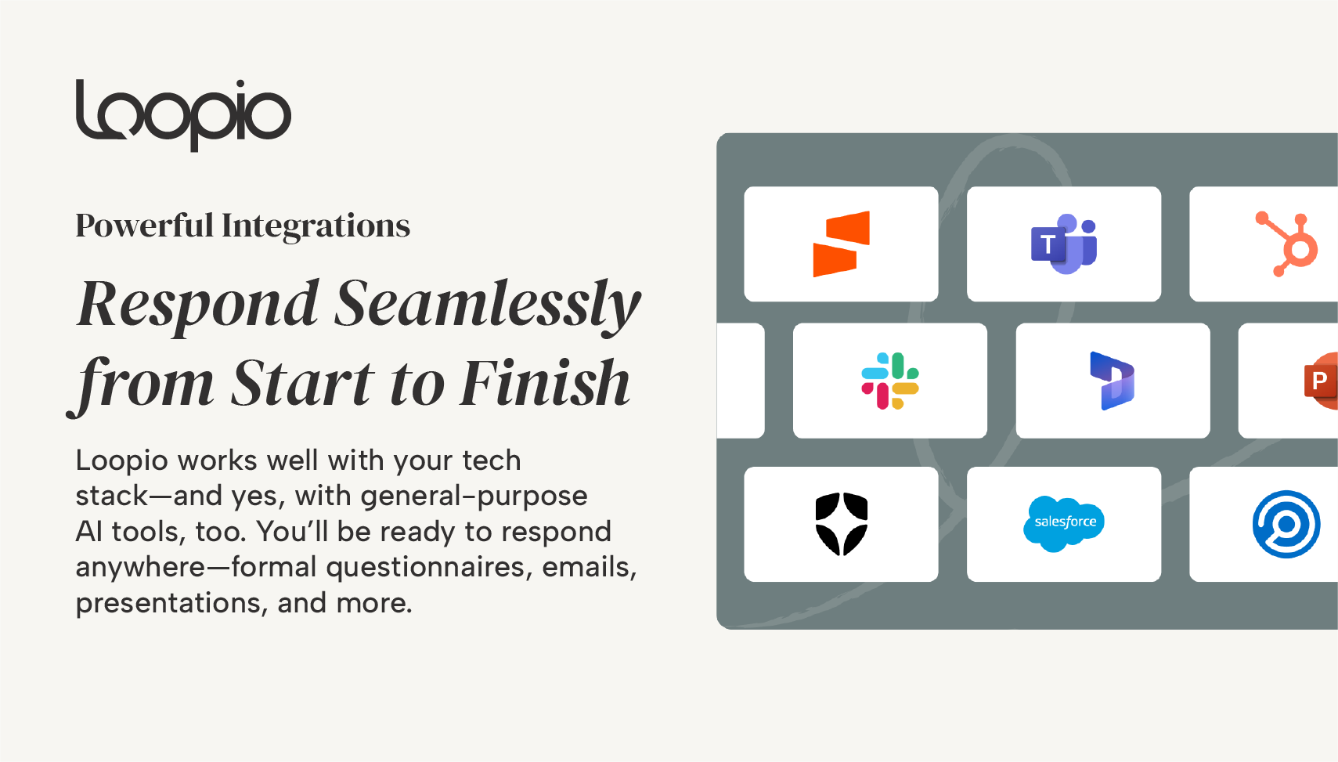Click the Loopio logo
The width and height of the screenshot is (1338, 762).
183,115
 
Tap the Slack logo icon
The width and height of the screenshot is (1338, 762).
890,381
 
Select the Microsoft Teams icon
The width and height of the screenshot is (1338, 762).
1064,244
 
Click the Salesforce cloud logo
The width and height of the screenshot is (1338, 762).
1064,524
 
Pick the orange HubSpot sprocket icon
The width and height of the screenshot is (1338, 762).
1286,244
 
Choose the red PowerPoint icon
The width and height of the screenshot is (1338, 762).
1321,381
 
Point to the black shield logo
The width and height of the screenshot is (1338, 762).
841,524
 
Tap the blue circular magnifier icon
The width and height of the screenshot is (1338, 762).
1286,524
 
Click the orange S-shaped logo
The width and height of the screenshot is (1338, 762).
841,244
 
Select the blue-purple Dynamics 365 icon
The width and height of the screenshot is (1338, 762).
1113,381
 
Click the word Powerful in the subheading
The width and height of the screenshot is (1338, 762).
145,226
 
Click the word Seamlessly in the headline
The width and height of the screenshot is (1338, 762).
487,305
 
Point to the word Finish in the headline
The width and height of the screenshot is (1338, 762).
546,383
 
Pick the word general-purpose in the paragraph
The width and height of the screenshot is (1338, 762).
474,497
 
